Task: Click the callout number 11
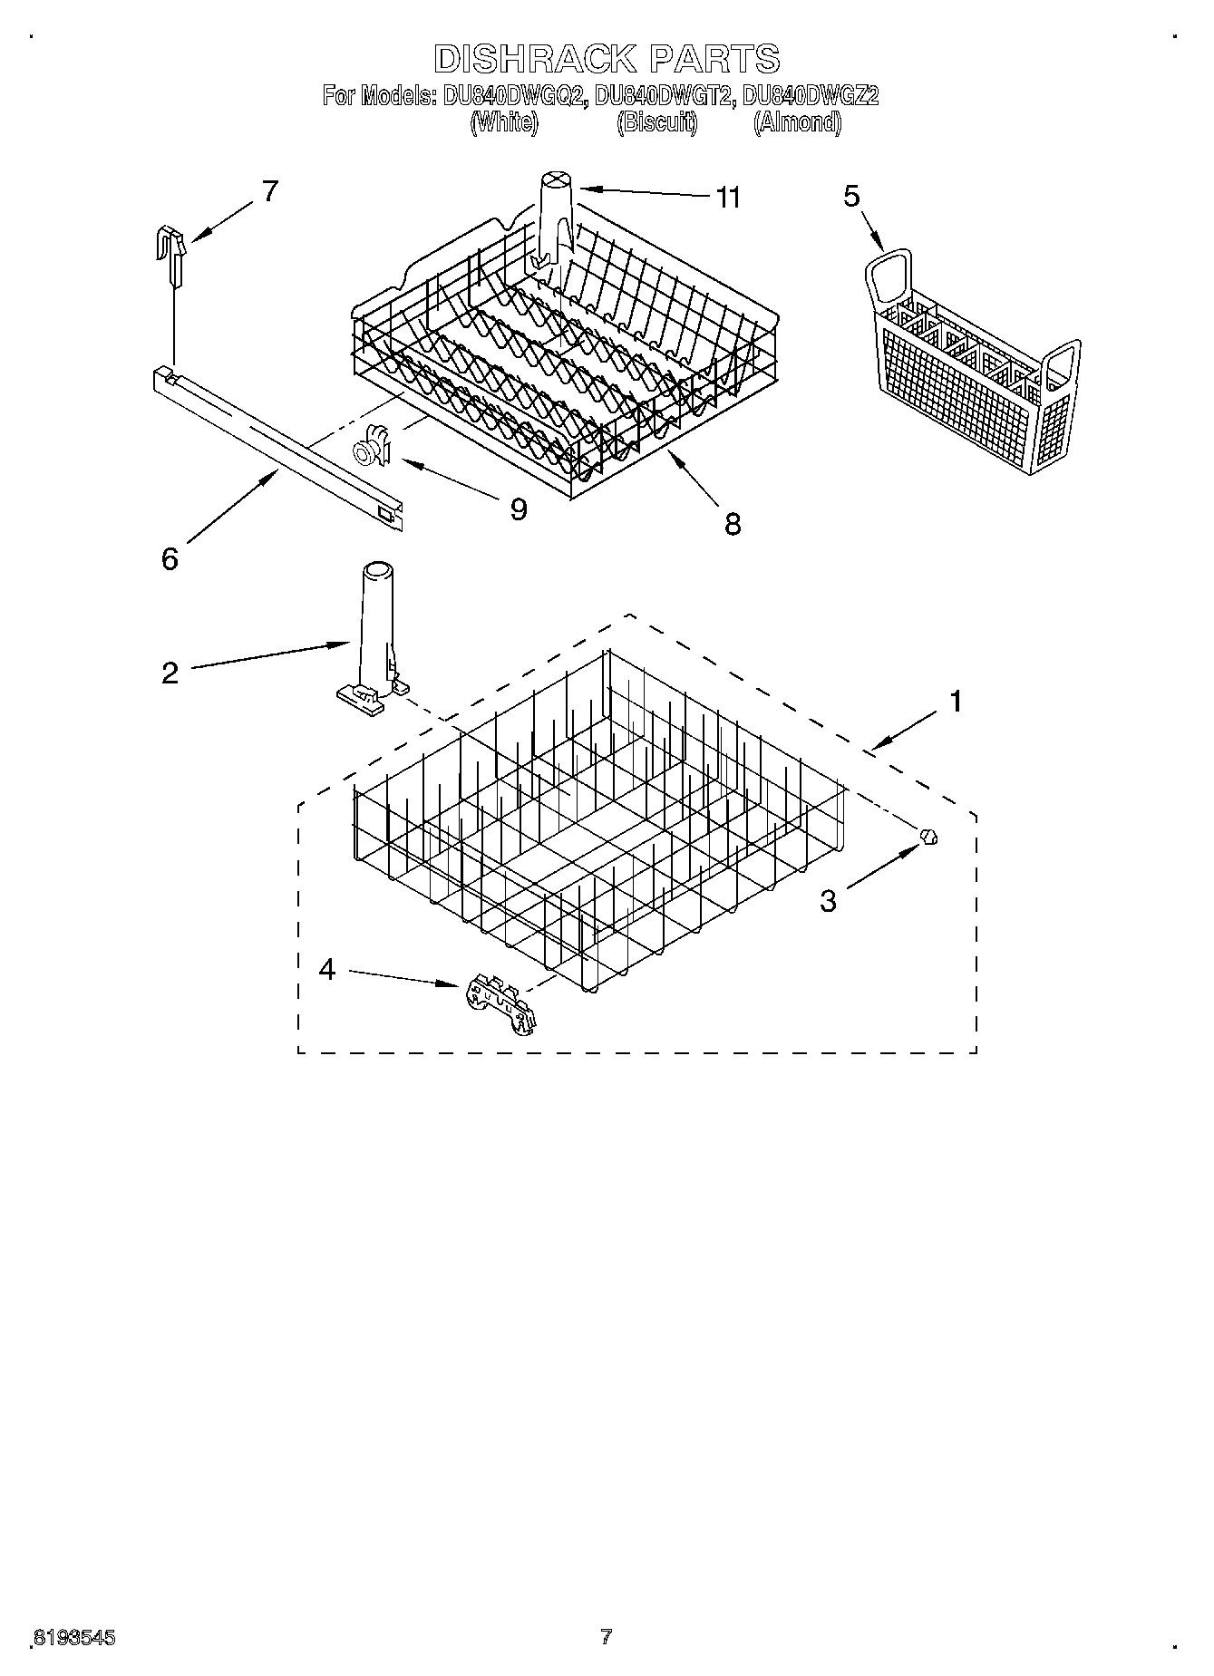coord(728,197)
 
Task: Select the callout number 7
coord(269,191)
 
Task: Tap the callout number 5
coord(850,196)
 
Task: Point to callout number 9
coord(518,509)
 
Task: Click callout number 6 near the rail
coord(170,558)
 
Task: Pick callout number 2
coord(170,673)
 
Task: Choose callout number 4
coord(327,970)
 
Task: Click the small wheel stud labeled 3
coord(927,837)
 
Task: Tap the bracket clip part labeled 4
coord(500,1003)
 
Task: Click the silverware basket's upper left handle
coord(888,276)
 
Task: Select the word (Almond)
coord(797,122)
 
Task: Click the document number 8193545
coord(73,1638)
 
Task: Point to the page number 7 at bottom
coord(606,1637)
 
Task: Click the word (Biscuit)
coord(657,122)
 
